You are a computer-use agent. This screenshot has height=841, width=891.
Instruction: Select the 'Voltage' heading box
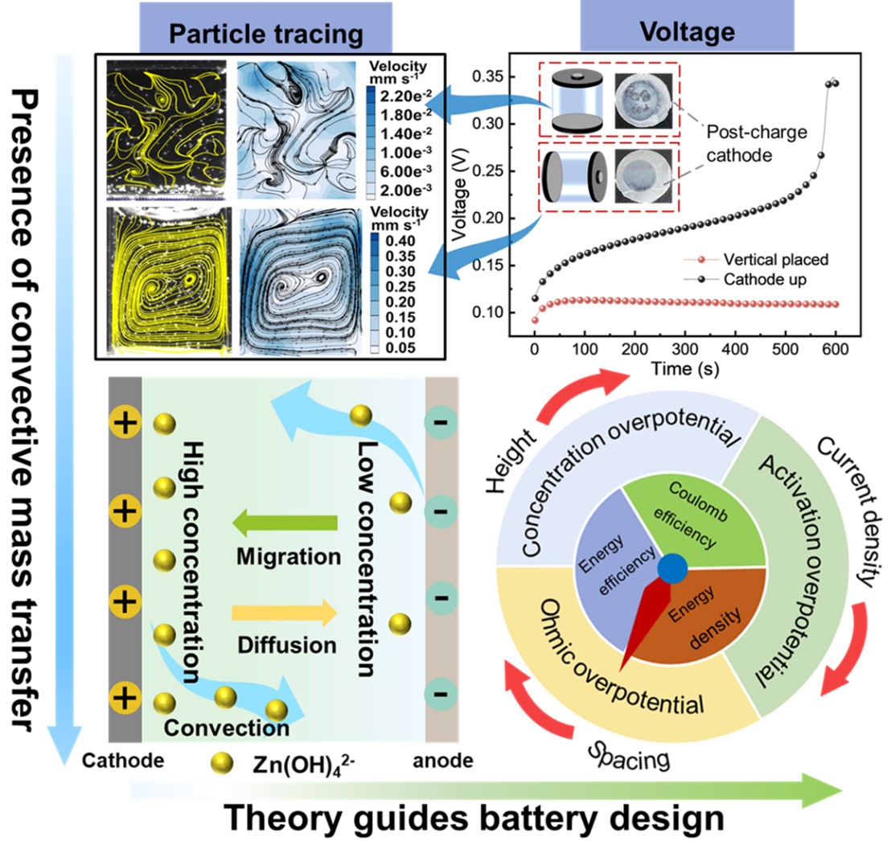click(x=687, y=31)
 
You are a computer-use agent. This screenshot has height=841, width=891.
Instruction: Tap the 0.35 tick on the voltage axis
click(x=491, y=77)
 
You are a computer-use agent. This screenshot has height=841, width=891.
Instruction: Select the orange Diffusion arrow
click(x=285, y=613)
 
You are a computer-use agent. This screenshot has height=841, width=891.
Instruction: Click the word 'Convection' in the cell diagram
click(x=226, y=728)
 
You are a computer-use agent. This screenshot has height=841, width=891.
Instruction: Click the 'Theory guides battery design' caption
click(x=474, y=817)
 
